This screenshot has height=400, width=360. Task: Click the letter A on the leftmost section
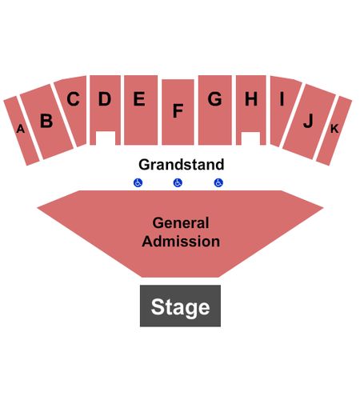click(x=21, y=129)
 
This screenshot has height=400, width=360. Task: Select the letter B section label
click(x=46, y=121)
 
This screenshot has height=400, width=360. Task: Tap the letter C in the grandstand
click(x=73, y=99)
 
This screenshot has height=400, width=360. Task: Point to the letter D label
click(x=105, y=98)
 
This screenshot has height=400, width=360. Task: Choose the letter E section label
click(x=139, y=98)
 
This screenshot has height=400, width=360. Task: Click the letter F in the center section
click(x=178, y=110)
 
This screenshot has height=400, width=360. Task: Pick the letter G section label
click(x=214, y=99)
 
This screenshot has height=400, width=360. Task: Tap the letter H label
click(x=251, y=98)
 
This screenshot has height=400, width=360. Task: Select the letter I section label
click(x=282, y=98)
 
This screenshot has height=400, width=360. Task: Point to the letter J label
click(x=309, y=121)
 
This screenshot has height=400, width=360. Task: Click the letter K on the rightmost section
click(x=334, y=129)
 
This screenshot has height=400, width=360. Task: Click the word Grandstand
click(x=182, y=165)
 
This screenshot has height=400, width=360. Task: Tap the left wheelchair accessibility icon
click(x=138, y=182)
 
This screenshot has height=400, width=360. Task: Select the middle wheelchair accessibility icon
click(x=178, y=182)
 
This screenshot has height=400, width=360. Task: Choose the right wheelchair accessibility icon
click(x=218, y=182)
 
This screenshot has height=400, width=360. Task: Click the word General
click(x=181, y=223)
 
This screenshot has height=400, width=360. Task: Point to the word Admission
click(x=181, y=242)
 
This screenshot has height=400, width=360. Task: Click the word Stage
click(x=181, y=307)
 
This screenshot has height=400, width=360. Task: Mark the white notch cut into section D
click(x=106, y=138)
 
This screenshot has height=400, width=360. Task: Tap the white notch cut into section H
click(x=250, y=138)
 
